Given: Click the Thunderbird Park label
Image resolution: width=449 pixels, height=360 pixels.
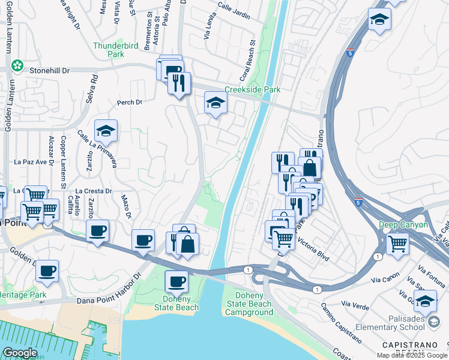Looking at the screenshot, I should coord(109,50).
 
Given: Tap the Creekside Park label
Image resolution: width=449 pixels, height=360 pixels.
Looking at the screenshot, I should coord(253,89).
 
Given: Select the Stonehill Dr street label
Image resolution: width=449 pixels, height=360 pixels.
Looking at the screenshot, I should coord(50,71).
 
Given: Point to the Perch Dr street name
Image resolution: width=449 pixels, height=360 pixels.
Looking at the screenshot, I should coord(130,102).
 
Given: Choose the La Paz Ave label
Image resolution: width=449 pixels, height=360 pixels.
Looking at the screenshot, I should coord(31,162).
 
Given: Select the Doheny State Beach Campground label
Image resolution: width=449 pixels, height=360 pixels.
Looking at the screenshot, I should coord(249,304).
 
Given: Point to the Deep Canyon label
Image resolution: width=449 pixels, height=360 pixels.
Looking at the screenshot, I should coord(403,225).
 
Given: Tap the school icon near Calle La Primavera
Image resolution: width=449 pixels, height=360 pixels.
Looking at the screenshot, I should coord(106,130).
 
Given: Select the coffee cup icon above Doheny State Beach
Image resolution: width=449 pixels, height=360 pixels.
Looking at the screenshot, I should coord(176,281).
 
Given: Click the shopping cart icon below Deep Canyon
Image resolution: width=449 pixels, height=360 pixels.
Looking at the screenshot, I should coord(397,244).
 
